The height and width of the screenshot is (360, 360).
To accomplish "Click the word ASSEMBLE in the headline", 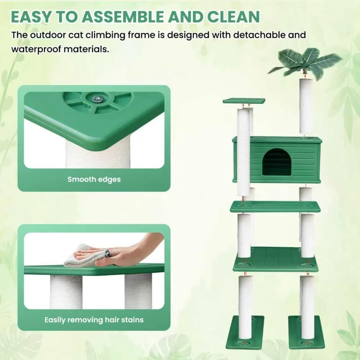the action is [x=123, y=17].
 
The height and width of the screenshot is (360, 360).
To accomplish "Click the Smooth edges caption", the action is [x=94, y=179].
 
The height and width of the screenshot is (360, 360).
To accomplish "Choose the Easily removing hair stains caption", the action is [x=94, y=320].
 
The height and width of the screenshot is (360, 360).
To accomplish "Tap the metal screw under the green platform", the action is [x=96, y=99].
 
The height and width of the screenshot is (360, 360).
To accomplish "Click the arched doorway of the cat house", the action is [x=276, y=162].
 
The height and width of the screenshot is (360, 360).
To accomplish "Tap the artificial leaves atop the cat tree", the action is [x=305, y=62].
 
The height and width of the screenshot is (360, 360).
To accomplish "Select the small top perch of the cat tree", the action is [x=244, y=100].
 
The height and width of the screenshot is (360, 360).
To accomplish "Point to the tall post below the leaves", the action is [x=306, y=106].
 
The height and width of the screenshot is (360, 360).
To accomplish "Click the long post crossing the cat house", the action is [x=243, y=152].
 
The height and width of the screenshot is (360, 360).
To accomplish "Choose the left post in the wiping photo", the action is [x=66, y=292].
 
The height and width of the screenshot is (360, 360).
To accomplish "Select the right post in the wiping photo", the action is [x=138, y=291].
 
